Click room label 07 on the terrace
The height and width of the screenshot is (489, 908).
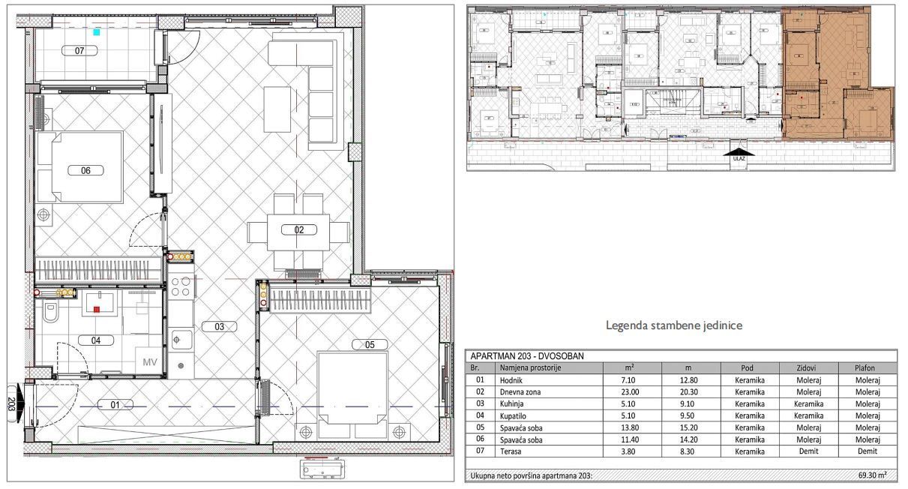pos(79,51)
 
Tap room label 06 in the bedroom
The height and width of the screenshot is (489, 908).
pos(85,170)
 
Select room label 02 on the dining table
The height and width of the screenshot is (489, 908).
pos(298,229)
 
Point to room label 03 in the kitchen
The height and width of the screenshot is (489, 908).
pos(219,326)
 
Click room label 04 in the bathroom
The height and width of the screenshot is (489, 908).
pos(96,340)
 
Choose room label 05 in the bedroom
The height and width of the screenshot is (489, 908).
pos(370,345)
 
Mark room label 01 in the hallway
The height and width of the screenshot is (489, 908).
pos(115,405)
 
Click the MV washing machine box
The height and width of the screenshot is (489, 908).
pos(150,362)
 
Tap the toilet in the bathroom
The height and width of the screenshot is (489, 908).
pos(49,313)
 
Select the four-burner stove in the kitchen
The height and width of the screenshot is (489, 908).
pos(181,286)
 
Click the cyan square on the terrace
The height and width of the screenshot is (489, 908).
pos(96,32)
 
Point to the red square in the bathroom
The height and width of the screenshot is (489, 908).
pos(96,308)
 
